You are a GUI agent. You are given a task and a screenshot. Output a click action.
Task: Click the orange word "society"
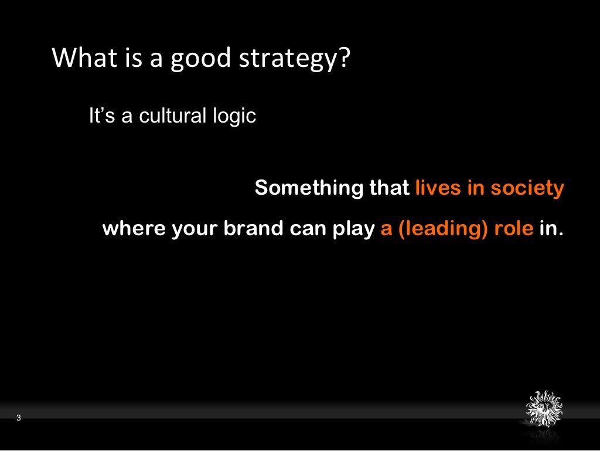click(527, 189)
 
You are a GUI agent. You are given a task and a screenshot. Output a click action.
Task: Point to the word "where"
click(134, 229)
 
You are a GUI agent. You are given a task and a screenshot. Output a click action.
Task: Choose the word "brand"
click(251, 229)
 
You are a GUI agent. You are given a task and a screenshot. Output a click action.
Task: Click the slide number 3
click(19, 418)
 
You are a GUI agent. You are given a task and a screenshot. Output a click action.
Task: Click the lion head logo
click(544, 408)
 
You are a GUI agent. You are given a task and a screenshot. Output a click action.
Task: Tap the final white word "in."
click(551, 229)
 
